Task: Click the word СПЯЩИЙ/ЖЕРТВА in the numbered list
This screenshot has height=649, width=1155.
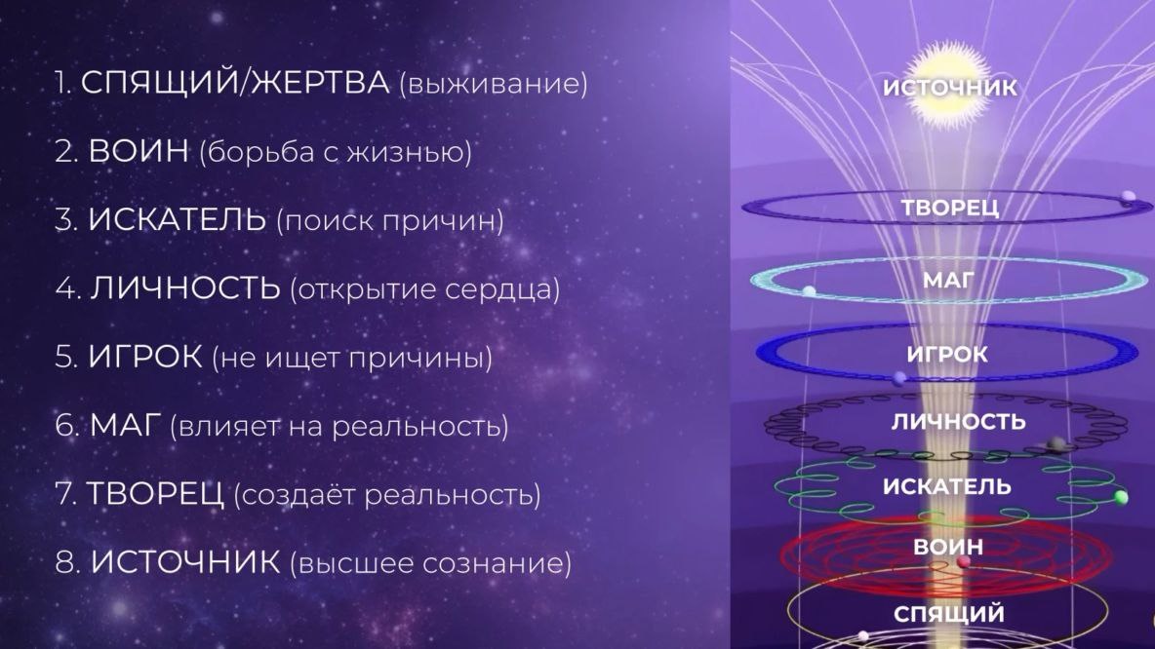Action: pyautogui.click(x=234, y=83)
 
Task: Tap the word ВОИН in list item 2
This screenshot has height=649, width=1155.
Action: pyautogui.click(x=139, y=152)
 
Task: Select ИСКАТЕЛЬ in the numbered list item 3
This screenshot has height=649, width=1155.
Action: pyautogui.click(x=177, y=220)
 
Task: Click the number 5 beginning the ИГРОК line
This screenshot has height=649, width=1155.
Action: pyautogui.click(x=64, y=358)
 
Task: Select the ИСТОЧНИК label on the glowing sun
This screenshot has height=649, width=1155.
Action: pyautogui.click(x=949, y=88)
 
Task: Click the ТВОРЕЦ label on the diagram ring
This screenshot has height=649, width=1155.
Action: pyautogui.click(x=949, y=208)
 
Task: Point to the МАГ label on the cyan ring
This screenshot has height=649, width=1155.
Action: pyautogui.click(x=948, y=282)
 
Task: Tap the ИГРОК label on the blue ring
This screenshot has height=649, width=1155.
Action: pyautogui.click(x=947, y=354)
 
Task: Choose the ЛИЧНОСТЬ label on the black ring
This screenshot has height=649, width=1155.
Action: pyautogui.click(x=959, y=422)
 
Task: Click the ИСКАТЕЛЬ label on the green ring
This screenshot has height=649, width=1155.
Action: pyautogui.click(x=947, y=486)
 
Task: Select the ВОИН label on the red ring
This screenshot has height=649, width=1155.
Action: pyautogui.click(x=947, y=548)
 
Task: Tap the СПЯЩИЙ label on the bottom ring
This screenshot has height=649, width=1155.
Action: pyautogui.click(x=949, y=614)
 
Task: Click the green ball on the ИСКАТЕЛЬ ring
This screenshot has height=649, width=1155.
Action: pyautogui.click(x=1121, y=498)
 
